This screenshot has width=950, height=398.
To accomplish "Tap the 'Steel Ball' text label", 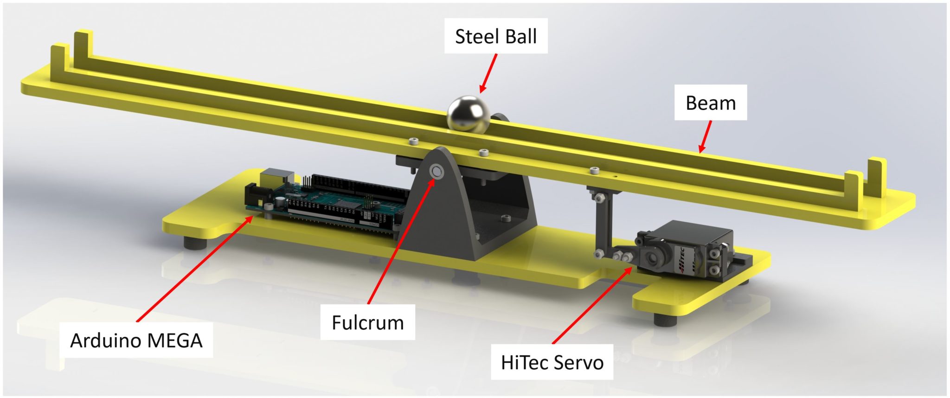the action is click(496, 37).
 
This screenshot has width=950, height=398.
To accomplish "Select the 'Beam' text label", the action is click(711, 103).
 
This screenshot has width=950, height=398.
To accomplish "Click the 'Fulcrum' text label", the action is click(368, 322).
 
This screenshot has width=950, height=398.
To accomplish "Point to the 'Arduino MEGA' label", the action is click(136, 340).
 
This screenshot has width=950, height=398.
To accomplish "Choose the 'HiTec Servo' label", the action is click(552, 362).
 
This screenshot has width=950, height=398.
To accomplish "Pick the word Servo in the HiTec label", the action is click(578, 362).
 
